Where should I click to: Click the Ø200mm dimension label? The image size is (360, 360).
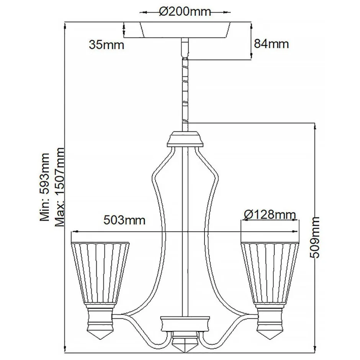pyautogui.click(x=185, y=12)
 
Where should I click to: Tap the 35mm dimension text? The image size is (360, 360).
pyautogui.click(x=106, y=45)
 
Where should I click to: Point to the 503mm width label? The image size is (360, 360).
pyautogui.click(x=124, y=220)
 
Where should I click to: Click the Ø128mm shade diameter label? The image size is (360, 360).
pyautogui.click(x=270, y=214)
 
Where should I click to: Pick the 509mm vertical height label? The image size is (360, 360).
pyautogui.click(x=315, y=238)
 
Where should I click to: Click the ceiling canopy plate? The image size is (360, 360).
pyautogui.click(x=185, y=29)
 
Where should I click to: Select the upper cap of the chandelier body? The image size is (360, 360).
pyautogui.click(x=185, y=138)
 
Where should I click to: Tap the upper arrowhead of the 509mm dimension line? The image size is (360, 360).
pyautogui.click(x=314, y=125)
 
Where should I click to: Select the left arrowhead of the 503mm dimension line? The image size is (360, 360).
pyautogui.click(x=74, y=231)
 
